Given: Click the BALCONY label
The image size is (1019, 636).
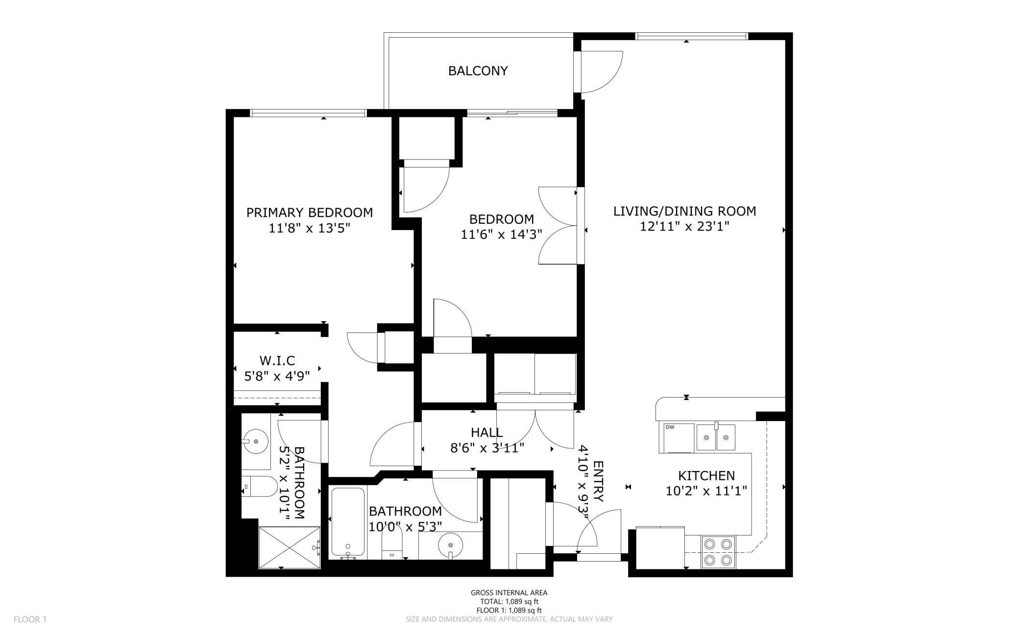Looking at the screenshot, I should (x=478, y=71).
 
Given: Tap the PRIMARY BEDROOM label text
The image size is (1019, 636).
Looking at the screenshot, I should (x=309, y=212).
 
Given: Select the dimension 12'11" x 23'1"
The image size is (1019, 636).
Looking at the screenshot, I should (x=684, y=227).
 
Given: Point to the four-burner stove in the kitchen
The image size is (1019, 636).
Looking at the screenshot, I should (x=718, y=552).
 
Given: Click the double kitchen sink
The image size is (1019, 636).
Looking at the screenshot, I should (x=716, y=437).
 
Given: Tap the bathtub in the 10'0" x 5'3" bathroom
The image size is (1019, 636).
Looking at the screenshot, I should (x=348, y=522).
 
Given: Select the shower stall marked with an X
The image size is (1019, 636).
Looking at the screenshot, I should (x=289, y=547).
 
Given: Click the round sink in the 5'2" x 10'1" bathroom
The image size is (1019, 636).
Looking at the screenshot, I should (x=255, y=442).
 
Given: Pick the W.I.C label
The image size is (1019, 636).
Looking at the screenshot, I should (x=277, y=361).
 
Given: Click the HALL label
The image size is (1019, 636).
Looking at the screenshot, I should (x=486, y=432).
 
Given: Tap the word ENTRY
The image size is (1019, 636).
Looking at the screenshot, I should (x=598, y=481).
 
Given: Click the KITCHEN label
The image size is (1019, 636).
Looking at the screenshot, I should (x=706, y=475).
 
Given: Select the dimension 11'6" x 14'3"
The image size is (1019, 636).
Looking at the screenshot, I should (x=501, y=235).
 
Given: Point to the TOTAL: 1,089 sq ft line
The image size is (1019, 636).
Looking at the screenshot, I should (x=509, y=601).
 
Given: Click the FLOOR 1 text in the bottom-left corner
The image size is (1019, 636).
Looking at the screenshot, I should (x=30, y=619).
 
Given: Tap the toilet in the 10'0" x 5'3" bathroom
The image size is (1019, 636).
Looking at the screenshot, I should (x=391, y=546).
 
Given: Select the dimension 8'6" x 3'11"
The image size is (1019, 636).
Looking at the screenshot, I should (x=487, y=448).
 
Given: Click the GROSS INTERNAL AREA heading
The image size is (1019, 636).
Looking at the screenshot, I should (x=509, y=592).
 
